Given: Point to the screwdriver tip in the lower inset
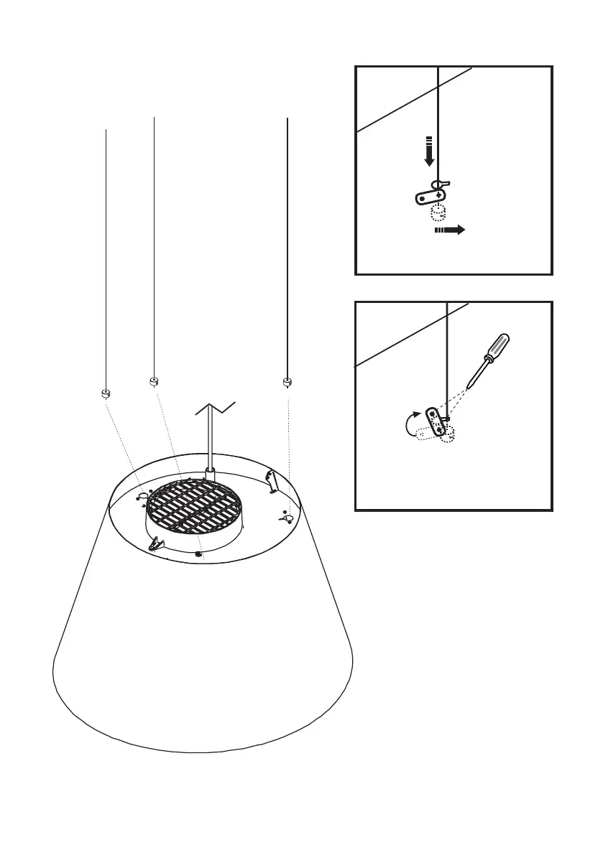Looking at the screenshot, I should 469,386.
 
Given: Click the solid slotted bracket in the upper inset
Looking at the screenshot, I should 431,195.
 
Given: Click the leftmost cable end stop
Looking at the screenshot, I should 105,393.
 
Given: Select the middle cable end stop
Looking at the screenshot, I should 154,381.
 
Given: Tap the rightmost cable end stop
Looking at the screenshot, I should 287,381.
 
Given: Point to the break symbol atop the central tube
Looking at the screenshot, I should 216,410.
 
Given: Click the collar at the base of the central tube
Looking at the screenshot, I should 211,474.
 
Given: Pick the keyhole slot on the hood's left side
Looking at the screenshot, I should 142,495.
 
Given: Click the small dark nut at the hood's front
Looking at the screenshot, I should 198,553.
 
